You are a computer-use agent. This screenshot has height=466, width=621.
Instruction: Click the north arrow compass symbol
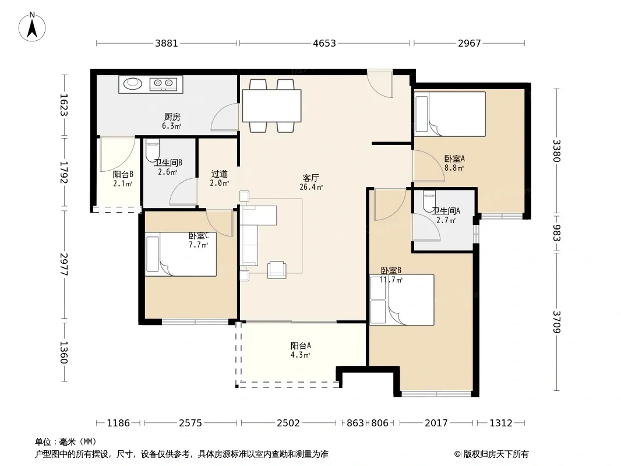(x=32, y=27)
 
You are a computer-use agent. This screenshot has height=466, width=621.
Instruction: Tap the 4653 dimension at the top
(x=324, y=43)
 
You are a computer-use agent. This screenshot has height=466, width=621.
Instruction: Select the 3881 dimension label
(x=167, y=43)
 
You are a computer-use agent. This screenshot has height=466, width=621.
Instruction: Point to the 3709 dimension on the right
(x=557, y=322)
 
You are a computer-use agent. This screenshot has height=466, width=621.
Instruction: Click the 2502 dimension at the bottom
(x=288, y=423)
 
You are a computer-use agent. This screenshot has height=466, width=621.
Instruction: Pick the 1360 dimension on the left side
(x=63, y=352)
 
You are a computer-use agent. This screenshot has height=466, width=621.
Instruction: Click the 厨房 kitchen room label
(x=172, y=117)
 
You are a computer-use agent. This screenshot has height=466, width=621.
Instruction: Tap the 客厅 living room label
(x=311, y=178)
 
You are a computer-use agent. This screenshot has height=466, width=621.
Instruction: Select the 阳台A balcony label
(x=301, y=345)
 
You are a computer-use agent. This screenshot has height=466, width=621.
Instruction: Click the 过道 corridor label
(x=220, y=174)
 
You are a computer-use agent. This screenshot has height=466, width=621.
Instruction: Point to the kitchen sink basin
(x=133, y=83)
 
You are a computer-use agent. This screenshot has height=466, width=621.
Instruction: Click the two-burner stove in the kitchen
(x=163, y=83)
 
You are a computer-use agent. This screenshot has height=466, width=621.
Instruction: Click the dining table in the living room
(x=271, y=105)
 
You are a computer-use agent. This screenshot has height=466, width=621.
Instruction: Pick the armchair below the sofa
(x=277, y=270)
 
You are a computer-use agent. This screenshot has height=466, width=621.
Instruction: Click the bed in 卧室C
(x=181, y=254)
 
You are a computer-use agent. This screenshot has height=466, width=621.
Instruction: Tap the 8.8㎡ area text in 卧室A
(x=454, y=168)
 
